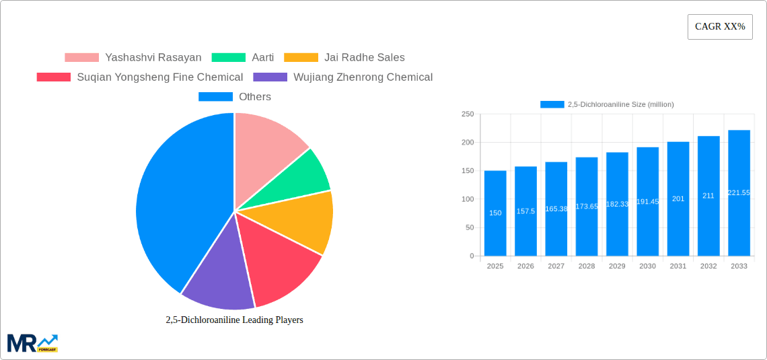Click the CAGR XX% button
pos(720,27)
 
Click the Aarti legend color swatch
pos(228,58)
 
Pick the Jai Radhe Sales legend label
pos(364,58)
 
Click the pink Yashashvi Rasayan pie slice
pos(266,145)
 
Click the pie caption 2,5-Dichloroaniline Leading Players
pos(234,320)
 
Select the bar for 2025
pos(495,213)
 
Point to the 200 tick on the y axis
pos(467,143)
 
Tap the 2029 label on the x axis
pos(617,266)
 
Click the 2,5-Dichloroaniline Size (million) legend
pos(607,104)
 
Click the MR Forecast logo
pos(32,343)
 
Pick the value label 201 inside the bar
pos(678,199)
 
